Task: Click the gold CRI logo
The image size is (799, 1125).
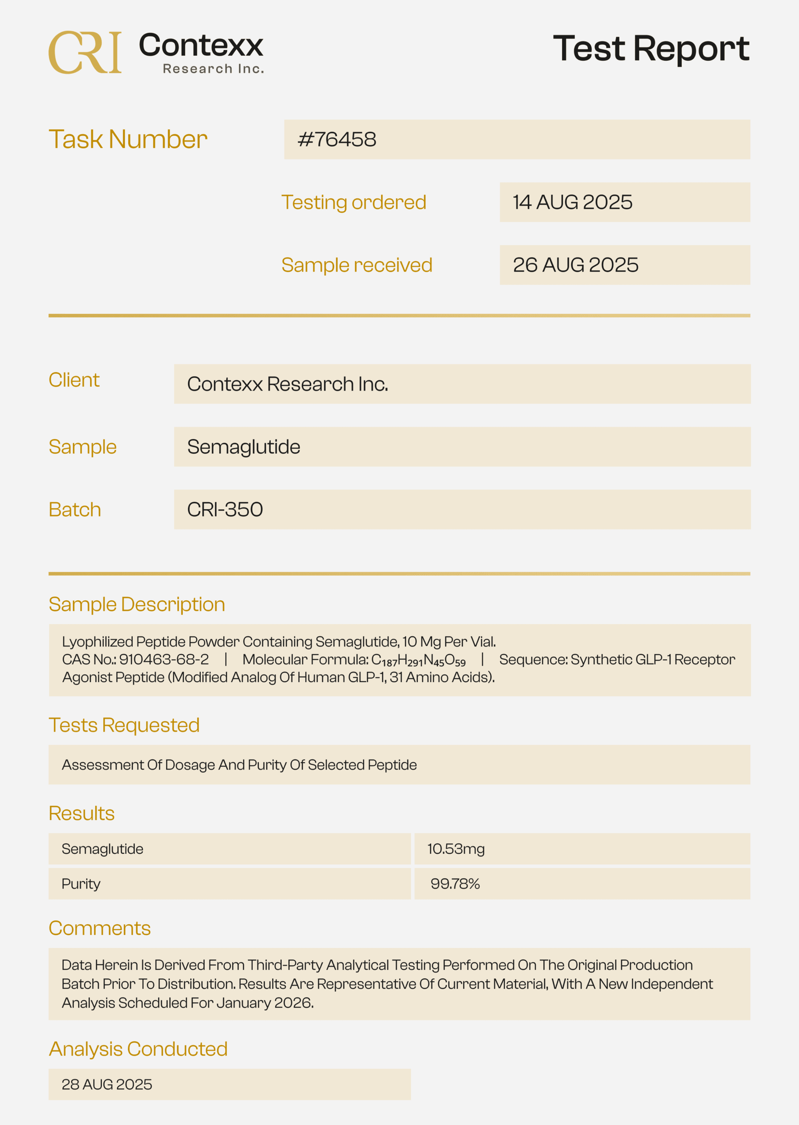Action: pyautogui.click(x=85, y=52)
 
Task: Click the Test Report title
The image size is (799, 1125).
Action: pyautogui.click(x=651, y=48)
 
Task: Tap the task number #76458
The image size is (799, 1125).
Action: pyautogui.click(x=337, y=139)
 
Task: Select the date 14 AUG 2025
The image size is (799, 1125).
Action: pyautogui.click(x=572, y=202)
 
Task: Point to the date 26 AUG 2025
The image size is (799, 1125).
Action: pyautogui.click(x=575, y=265)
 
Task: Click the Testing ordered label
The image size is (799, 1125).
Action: pyautogui.click(x=354, y=202)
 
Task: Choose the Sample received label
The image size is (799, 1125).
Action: pyautogui.click(x=357, y=265)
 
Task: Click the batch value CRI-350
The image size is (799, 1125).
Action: pyautogui.click(x=225, y=509)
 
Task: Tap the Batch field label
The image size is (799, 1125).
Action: pyautogui.click(x=75, y=509)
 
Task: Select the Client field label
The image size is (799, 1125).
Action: pyautogui.click(x=74, y=380)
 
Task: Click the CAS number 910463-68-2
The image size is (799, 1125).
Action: pyautogui.click(x=164, y=660)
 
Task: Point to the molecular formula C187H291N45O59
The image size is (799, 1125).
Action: pyautogui.click(x=418, y=660)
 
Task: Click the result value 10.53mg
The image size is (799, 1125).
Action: pyautogui.click(x=456, y=849)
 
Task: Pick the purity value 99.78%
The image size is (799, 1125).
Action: pyautogui.click(x=455, y=884)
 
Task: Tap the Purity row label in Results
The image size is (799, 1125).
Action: pyautogui.click(x=81, y=884)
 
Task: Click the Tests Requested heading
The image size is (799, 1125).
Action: pyautogui.click(x=124, y=725)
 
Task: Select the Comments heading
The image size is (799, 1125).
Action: pyautogui.click(x=99, y=928)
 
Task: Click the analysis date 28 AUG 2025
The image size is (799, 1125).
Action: pyautogui.click(x=107, y=1085)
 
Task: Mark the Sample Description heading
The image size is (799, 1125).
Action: pyautogui.click(x=137, y=604)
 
